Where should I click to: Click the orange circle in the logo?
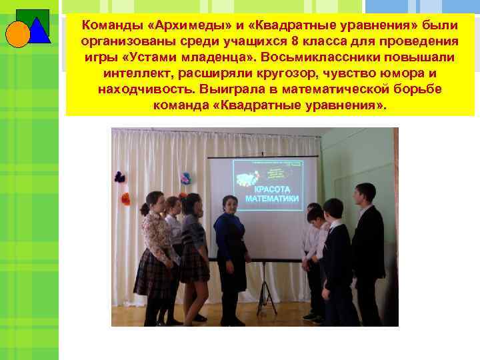click(x=18, y=34)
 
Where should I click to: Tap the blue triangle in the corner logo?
click(x=39, y=29)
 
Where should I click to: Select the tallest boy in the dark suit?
click(x=367, y=247)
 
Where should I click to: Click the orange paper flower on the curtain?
click(x=125, y=199)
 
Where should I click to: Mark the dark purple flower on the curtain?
click(x=120, y=177)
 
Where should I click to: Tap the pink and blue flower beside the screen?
click(x=185, y=178)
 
